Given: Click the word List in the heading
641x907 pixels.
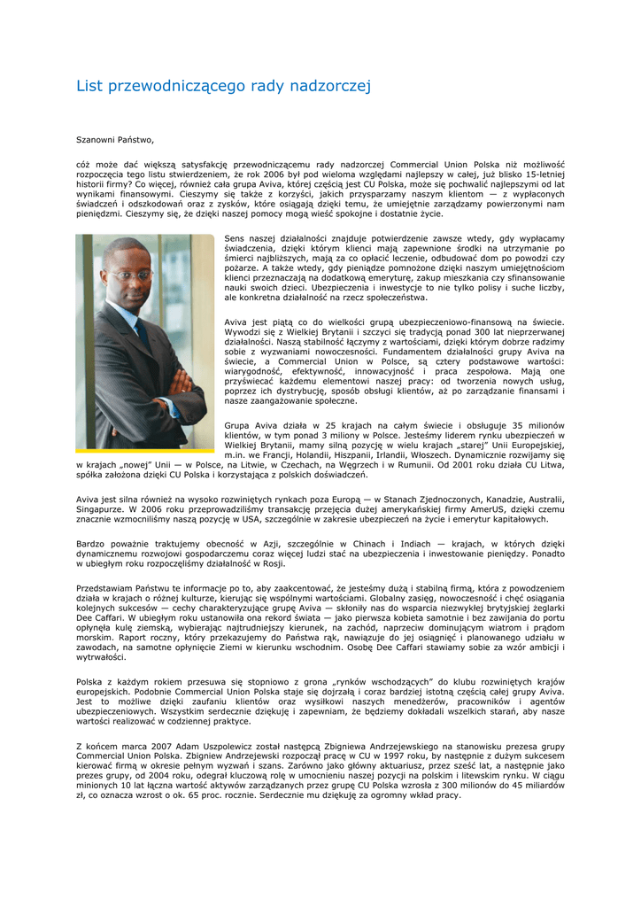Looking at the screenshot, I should pos(89,86).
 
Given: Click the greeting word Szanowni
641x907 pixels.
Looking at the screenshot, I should pos(96,139).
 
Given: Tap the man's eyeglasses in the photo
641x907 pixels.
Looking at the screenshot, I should pos(129,275).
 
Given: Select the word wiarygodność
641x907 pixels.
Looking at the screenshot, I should pos(252,371).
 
